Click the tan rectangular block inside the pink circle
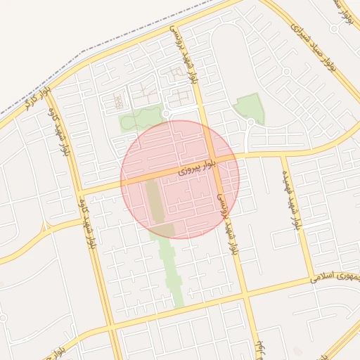[153, 200]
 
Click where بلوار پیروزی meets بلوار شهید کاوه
[79, 191]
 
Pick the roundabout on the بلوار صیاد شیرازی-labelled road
[287, 72]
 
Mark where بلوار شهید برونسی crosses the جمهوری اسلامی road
[245, 295]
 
